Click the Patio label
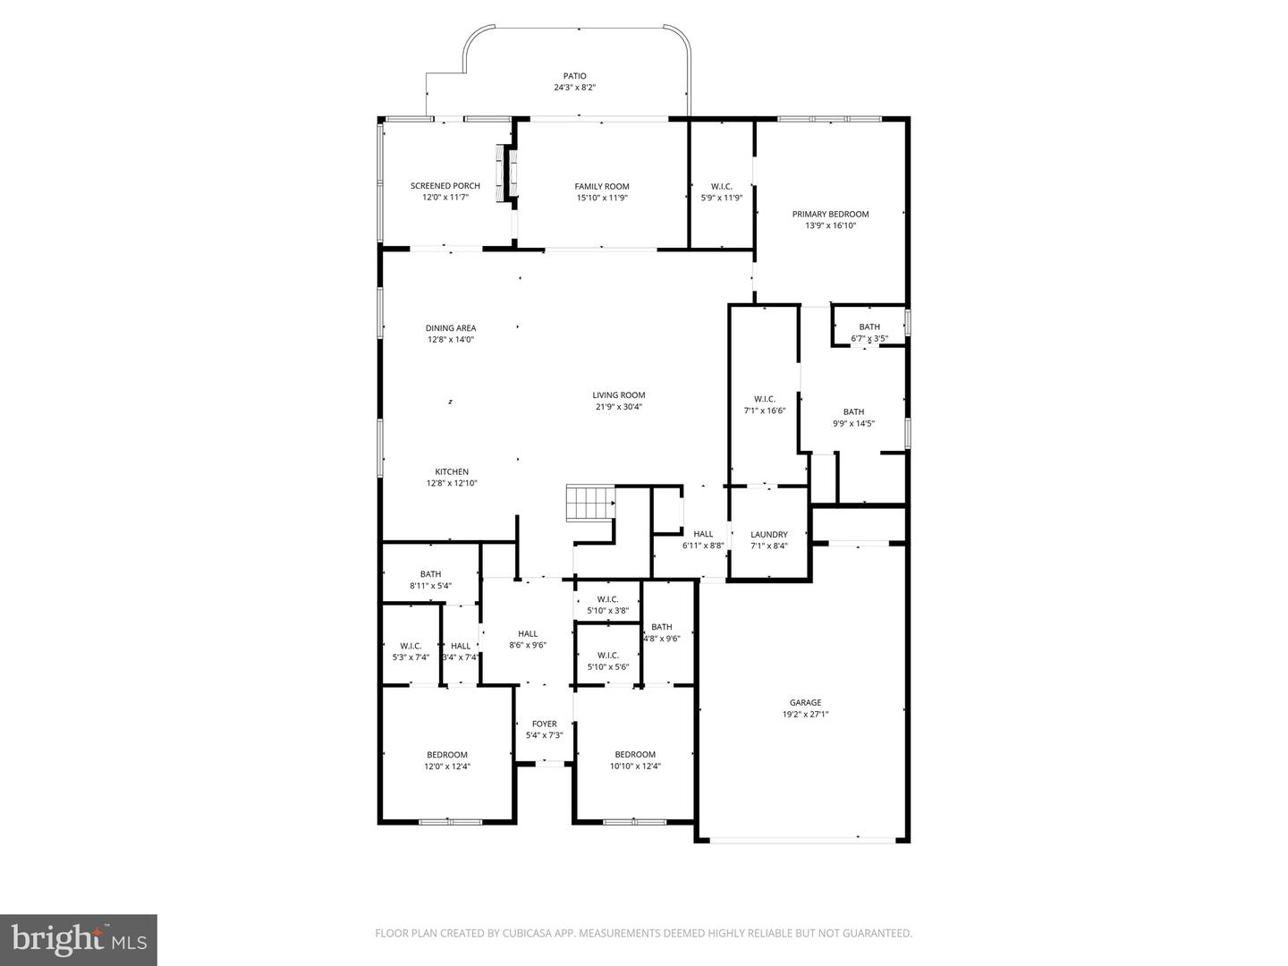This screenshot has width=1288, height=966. pos(574,76)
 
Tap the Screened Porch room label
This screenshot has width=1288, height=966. pos(445,186)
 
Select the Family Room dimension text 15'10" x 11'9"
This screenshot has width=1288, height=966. pos(602,198)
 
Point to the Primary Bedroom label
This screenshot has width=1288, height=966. pos(830,214)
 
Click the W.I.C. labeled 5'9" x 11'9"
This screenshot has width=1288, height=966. pos(721,191)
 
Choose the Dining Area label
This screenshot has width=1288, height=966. pos(450,328)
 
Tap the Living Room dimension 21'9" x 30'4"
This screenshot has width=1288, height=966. pos(618,406)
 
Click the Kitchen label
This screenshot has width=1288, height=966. pos(452,471)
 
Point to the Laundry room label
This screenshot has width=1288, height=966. pos(768,535)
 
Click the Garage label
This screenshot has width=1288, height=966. pos(805,702)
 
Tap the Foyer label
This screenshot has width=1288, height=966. pos(544,724)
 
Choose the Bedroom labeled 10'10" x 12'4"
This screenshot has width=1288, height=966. pos(635,759)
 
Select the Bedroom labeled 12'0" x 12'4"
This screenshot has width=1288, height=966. pos(446,759)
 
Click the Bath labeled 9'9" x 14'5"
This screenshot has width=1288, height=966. pos(852,418)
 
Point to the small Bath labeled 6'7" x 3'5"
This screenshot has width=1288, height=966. pos(869,332)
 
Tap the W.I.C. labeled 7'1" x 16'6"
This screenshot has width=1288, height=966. pos(764,404)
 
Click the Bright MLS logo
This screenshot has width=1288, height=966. pos(79,939)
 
